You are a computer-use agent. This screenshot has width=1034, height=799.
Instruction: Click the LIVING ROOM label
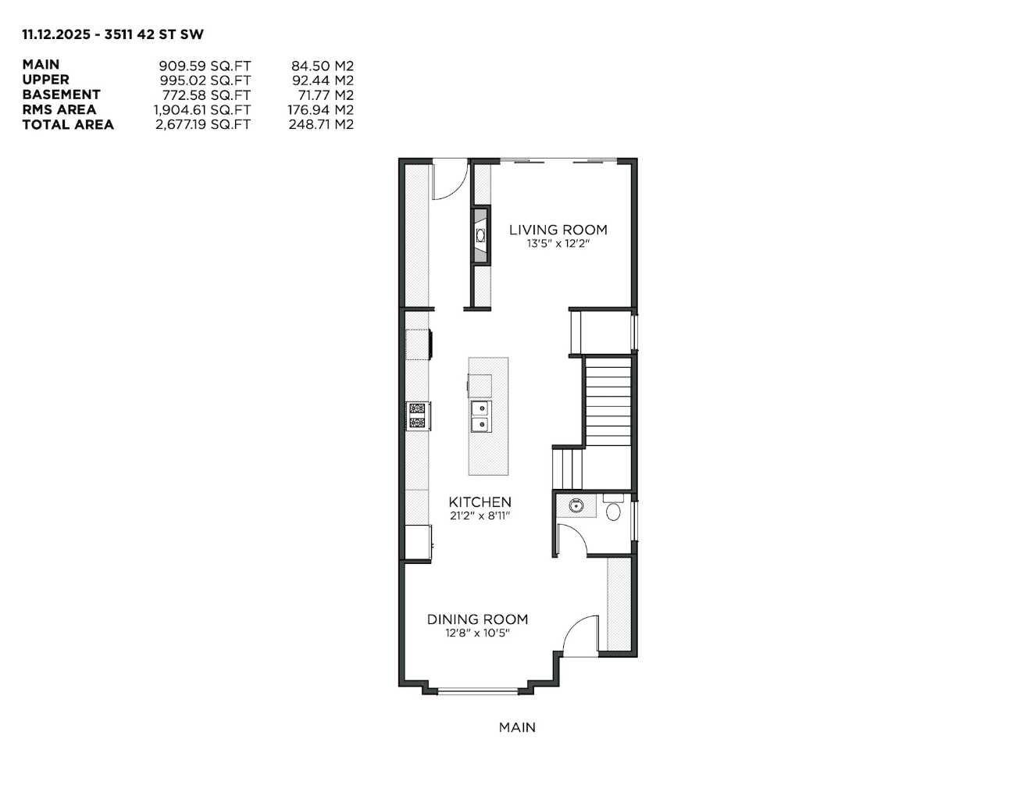(558, 230)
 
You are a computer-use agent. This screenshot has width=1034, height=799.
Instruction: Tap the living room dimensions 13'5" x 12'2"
(558, 244)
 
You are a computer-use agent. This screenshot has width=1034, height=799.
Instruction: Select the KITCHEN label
(480, 502)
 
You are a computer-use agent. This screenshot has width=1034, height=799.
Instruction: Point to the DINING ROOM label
(477, 619)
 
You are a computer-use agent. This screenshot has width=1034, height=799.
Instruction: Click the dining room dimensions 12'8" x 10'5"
(477, 633)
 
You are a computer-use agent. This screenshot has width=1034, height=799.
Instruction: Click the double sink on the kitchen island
(480, 416)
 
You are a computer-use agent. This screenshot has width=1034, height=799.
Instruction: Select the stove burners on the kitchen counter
(417, 416)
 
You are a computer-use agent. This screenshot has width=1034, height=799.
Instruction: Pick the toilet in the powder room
(614, 511)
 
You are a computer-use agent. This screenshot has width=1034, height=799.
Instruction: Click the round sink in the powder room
(577, 505)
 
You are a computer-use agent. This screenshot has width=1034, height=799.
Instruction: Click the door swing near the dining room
(579, 633)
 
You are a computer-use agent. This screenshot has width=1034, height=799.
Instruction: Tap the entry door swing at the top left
(448, 178)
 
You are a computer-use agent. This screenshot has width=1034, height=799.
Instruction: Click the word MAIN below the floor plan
(517, 727)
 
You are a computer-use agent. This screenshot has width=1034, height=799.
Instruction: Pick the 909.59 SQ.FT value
(204, 66)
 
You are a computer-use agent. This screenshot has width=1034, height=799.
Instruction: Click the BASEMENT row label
(61, 95)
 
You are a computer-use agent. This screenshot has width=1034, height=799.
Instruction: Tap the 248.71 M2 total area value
(320, 125)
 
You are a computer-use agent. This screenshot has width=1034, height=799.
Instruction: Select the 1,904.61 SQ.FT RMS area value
(201, 110)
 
